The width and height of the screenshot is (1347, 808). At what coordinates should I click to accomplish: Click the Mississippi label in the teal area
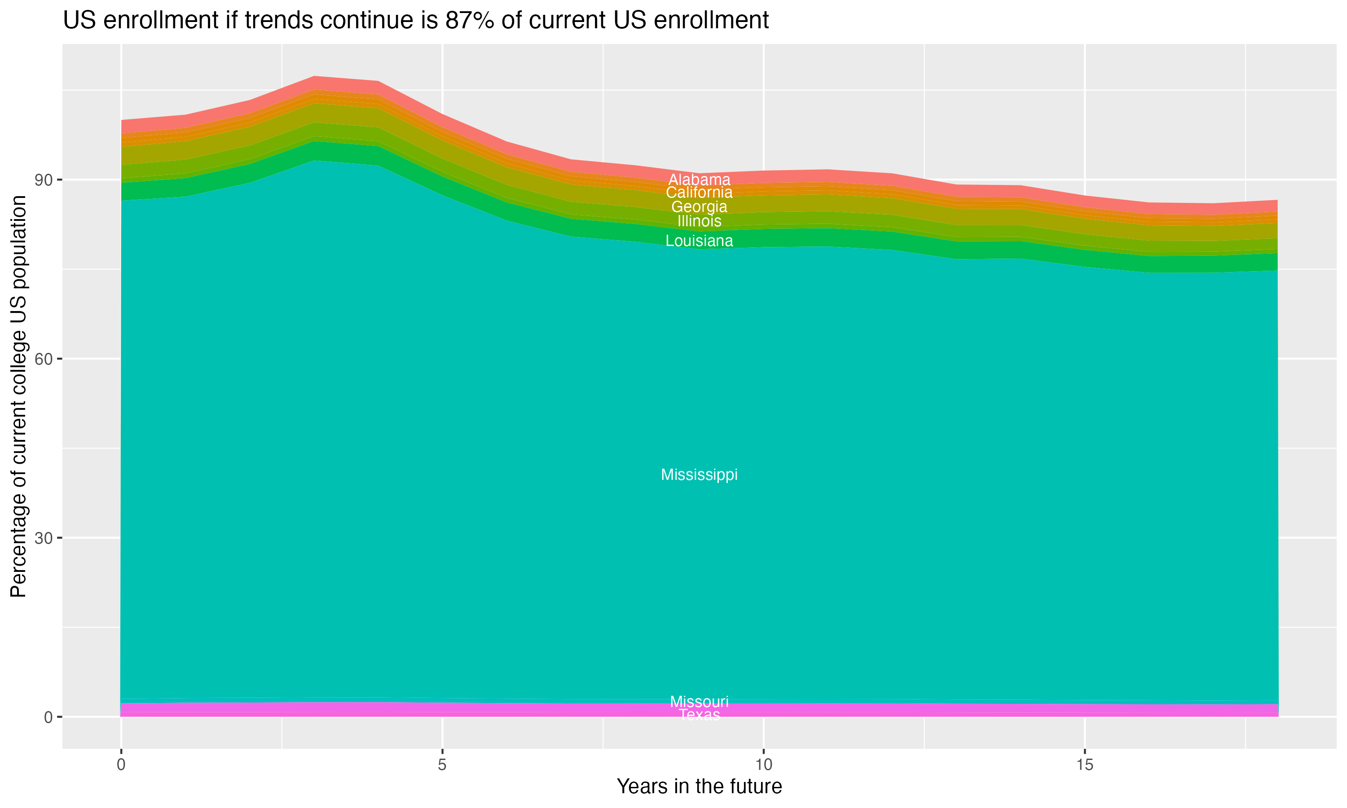pos(699,475)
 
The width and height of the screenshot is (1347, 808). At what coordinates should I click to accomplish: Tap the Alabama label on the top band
pos(699,180)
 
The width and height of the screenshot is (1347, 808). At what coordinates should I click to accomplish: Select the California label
pos(699,193)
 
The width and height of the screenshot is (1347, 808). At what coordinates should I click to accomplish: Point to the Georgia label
pos(699,207)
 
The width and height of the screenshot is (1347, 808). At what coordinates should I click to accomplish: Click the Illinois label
pos(699,221)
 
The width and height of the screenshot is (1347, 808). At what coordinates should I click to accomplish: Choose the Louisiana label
pos(699,241)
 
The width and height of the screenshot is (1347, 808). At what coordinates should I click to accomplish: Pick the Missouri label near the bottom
pos(699,701)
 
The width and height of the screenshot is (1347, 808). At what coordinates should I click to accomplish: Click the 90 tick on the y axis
pos(44,180)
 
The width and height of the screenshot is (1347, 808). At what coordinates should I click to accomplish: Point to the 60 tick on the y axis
pos(44,359)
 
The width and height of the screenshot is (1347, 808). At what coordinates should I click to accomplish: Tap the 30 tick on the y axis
pos(44,538)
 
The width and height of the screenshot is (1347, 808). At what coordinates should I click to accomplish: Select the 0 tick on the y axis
pos(48,717)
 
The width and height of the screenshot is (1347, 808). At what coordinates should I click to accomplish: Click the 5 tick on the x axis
pos(442,765)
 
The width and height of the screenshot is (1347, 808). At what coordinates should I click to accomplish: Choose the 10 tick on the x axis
pos(763,765)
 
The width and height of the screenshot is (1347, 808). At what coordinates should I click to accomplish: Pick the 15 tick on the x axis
pos(1085,765)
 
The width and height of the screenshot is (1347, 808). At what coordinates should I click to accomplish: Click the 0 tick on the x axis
pos(121,765)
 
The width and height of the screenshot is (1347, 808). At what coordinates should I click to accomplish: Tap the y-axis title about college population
pos(18,396)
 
